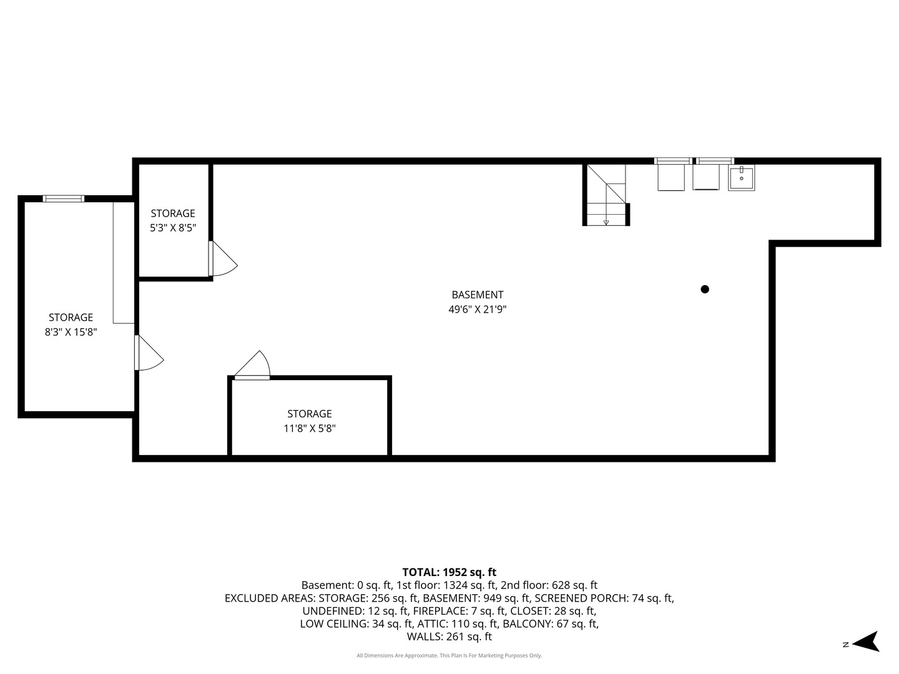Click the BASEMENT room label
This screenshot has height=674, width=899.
(x=477, y=295)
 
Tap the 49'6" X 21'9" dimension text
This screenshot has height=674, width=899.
(x=477, y=310)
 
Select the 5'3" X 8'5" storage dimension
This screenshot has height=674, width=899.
(x=173, y=228)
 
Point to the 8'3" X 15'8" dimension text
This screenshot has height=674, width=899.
(x=71, y=332)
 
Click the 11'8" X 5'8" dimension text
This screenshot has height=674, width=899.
(x=310, y=429)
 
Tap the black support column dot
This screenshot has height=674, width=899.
(x=705, y=290)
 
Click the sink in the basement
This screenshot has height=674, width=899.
(x=741, y=178)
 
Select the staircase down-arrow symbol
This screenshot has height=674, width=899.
(x=606, y=223)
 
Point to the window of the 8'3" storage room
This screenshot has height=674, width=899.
(x=64, y=199)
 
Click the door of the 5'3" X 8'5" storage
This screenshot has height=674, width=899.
(x=222, y=258)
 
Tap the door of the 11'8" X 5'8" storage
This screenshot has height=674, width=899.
(x=252, y=365)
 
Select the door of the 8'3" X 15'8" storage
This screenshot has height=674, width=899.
(x=149, y=353)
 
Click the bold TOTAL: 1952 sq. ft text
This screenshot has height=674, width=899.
(x=449, y=572)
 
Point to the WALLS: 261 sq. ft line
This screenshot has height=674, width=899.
(x=449, y=637)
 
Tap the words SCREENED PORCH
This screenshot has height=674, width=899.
(x=582, y=598)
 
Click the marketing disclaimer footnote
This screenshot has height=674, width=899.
(x=449, y=655)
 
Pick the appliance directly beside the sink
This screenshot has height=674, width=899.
(x=705, y=177)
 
